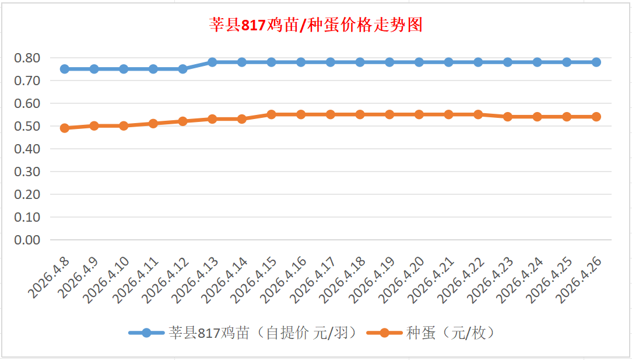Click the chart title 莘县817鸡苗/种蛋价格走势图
[x=315, y=25]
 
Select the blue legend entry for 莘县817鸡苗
[x=242, y=333]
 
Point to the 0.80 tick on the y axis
[x=28, y=58]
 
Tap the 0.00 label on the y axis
[x=28, y=240]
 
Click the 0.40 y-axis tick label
[x=28, y=149]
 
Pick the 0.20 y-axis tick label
[x=28, y=194]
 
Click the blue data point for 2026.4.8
[x=65, y=69]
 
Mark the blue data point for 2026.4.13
[x=212, y=62]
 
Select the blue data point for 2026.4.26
[x=596, y=62]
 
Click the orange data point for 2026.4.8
[x=65, y=128]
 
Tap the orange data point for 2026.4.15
[x=272, y=114]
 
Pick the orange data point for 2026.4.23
[x=508, y=117]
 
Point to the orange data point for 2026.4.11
[x=153, y=124]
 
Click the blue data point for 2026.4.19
[x=389, y=62]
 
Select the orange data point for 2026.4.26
[x=596, y=117]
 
